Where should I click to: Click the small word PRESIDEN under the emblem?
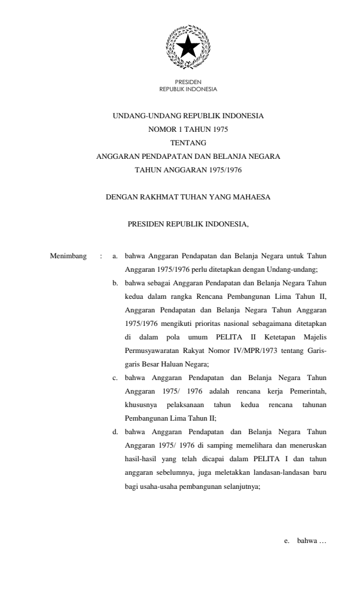(x=188, y=84)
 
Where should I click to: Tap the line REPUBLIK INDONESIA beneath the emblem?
(x=188, y=89)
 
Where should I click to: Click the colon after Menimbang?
(x=101, y=256)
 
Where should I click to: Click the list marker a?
(x=115, y=256)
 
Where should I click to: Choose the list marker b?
(x=115, y=284)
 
